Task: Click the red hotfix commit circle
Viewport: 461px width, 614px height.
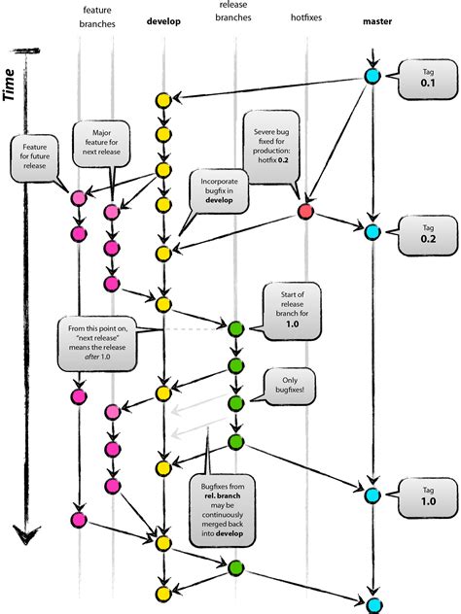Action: pyautogui.click(x=306, y=211)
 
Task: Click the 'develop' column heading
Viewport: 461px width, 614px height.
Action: pyautogui.click(x=164, y=21)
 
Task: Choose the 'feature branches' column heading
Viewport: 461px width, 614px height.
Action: pyautogui.click(x=95, y=15)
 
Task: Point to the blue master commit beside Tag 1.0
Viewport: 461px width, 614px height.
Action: pyautogui.click(x=372, y=495)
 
